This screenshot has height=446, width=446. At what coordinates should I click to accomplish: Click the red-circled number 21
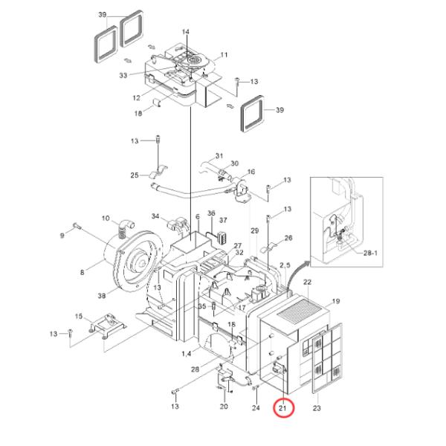point(283,408)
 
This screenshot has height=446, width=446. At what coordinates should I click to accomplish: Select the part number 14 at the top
point(186,32)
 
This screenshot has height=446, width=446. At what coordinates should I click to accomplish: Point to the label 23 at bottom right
point(317,408)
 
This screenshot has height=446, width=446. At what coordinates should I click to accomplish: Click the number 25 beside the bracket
point(135,175)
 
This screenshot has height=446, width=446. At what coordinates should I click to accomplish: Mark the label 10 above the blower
point(106,219)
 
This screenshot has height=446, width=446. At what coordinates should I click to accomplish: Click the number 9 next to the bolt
point(62,236)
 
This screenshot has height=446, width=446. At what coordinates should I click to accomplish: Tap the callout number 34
point(155,216)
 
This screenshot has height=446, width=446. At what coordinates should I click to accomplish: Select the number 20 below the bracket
point(224,407)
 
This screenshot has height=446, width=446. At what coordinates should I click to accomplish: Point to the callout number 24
point(256,407)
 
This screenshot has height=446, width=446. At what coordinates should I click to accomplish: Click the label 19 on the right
point(335,302)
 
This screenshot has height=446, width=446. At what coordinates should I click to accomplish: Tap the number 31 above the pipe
point(219,156)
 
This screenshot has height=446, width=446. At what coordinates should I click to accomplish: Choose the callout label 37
point(222,221)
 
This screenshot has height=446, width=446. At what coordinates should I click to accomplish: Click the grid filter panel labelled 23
point(327,358)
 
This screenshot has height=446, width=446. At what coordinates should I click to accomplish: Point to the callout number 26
point(288,238)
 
